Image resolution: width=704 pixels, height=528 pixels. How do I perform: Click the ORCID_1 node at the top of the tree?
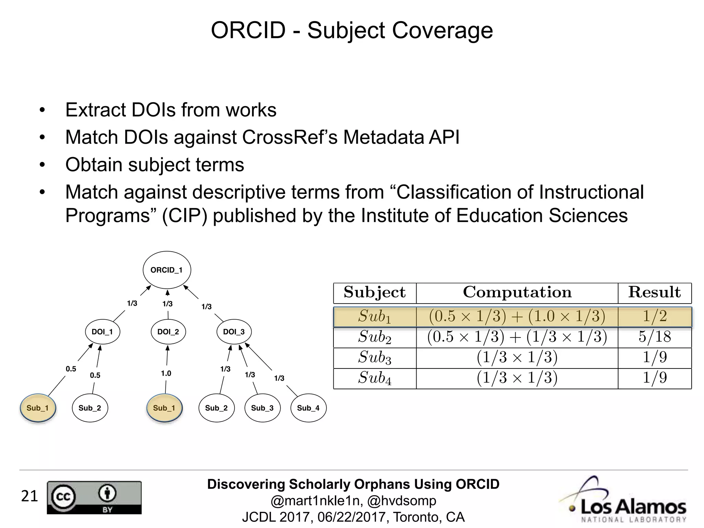point(167,270)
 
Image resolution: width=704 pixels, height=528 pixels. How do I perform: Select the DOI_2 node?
point(168,332)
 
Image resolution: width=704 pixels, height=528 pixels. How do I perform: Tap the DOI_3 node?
point(234,332)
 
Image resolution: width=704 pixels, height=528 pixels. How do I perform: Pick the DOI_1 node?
point(102,332)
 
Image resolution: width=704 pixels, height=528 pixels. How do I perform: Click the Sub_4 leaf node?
point(308,408)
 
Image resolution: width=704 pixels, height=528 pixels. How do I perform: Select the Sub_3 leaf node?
point(262,408)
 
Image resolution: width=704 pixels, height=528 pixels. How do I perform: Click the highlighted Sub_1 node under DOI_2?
point(164,408)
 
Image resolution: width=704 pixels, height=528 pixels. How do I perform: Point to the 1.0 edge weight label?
point(166,373)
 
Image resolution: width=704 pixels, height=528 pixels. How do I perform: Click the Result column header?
point(654,293)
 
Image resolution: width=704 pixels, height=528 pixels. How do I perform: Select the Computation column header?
point(517,293)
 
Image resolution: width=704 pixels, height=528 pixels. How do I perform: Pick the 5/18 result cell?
point(654,337)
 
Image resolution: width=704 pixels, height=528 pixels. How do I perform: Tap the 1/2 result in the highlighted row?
point(654,316)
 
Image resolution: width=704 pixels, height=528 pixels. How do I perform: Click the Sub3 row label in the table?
point(375,357)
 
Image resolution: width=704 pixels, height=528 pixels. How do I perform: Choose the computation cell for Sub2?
point(517,337)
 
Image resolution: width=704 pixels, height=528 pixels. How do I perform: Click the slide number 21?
point(29,496)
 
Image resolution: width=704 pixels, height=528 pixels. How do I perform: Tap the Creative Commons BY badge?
point(94,497)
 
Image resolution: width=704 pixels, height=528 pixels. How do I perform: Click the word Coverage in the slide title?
point(442,30)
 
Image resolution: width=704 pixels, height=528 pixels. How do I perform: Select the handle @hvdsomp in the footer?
point(401,500)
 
